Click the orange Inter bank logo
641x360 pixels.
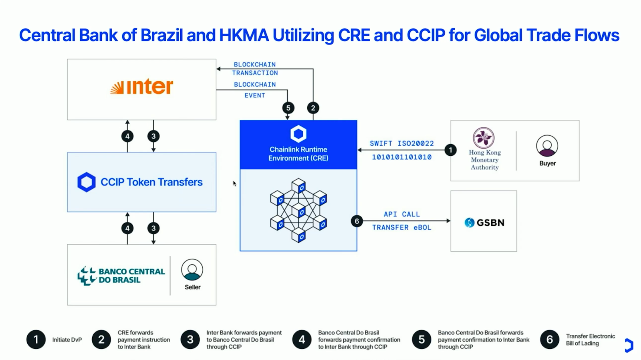142,87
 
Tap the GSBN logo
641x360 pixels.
484,223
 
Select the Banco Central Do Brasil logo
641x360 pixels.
121,276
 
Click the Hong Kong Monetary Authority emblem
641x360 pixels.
484,138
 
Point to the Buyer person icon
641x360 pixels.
547,146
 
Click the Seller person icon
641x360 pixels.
192,270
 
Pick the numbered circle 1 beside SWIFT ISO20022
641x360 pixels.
450,150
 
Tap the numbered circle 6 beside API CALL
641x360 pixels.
357,221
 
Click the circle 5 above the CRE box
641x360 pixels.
288,108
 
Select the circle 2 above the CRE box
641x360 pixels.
313,108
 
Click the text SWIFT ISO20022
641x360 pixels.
401,143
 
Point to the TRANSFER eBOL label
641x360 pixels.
401,227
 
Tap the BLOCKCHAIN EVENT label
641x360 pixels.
255,90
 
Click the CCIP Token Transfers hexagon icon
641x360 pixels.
86,182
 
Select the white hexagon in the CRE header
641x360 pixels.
298,134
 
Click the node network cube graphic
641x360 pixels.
298,210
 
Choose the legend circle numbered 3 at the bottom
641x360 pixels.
190,340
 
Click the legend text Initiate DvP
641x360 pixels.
67,340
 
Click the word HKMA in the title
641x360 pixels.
244,35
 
